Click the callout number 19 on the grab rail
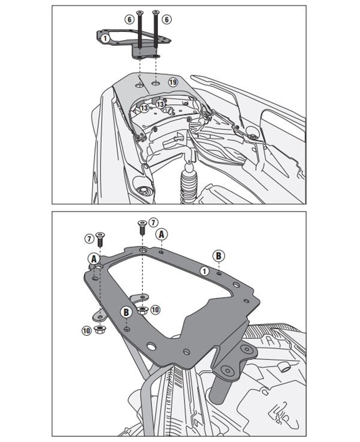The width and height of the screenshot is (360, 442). tap(173, 82)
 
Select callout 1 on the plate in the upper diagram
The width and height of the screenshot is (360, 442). tap(105, 38)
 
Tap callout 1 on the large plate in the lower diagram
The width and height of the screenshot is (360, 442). tap(204, 271)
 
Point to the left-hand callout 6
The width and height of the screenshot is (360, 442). tap(129, 20)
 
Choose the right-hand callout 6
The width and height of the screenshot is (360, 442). tap(167, 20)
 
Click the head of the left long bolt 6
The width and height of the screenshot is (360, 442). tap(139, 13)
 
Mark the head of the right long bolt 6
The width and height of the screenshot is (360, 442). tap(155, 13)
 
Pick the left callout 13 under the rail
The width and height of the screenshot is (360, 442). tap(144, 108)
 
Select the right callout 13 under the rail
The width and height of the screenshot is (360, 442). tap(160, 104)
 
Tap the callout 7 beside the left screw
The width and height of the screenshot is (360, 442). tap(89, 239)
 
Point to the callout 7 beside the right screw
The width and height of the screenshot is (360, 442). tap(153, 223)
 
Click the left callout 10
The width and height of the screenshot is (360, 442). tap(86, 331)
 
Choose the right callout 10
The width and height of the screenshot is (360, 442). tap(155, 310)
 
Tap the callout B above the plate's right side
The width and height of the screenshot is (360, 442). tap(218, 256)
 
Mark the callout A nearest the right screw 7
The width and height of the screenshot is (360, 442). tap(162, 235)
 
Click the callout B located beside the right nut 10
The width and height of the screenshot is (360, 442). tap(126, 312)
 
